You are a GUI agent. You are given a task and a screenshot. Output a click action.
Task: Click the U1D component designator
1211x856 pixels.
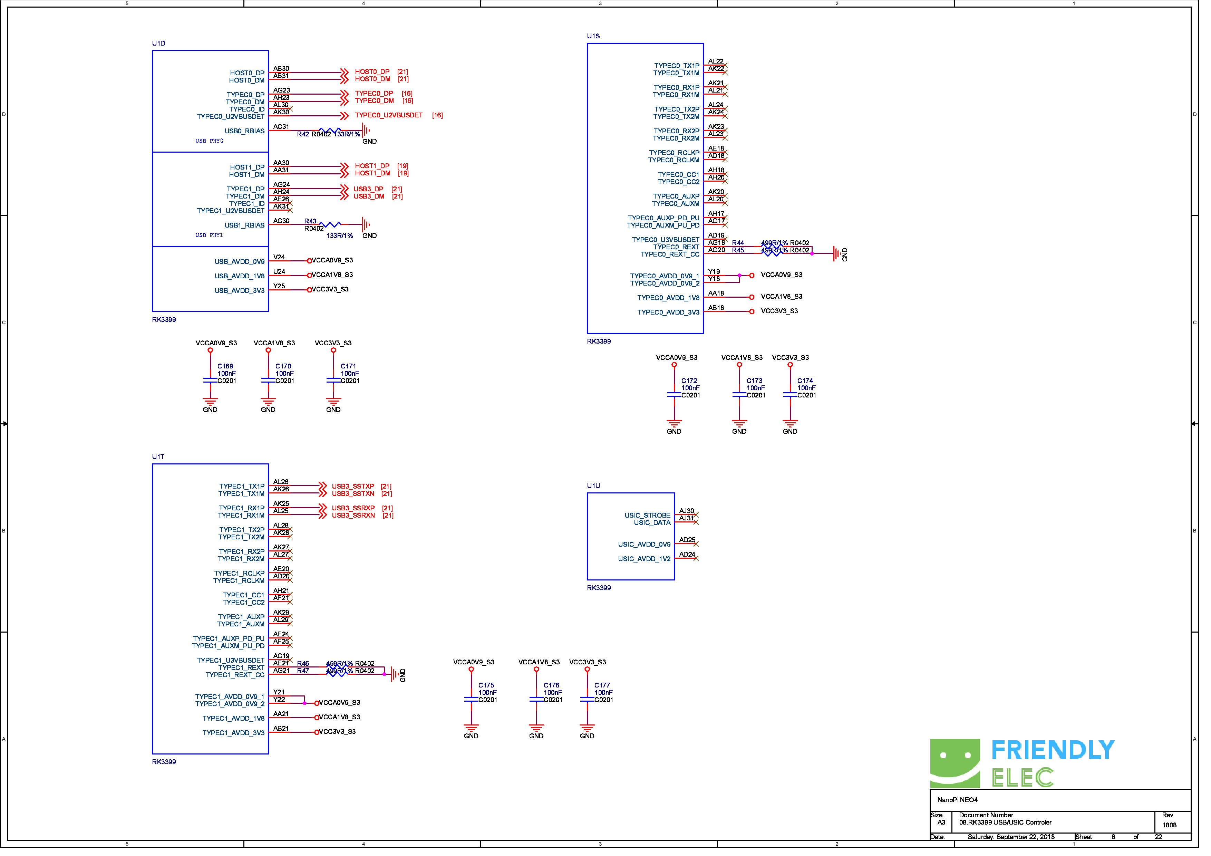[160, 44]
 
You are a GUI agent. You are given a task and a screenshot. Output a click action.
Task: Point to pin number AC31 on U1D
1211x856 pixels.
[284, 128]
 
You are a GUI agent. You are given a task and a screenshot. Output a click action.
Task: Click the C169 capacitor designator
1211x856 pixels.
[227, 370]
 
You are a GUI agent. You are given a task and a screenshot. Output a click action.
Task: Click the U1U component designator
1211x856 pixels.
[599, 490]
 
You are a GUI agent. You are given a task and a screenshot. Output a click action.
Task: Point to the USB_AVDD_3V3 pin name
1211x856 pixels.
[242, 293]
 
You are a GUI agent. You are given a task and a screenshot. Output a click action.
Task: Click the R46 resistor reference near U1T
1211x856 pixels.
[306, 670]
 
